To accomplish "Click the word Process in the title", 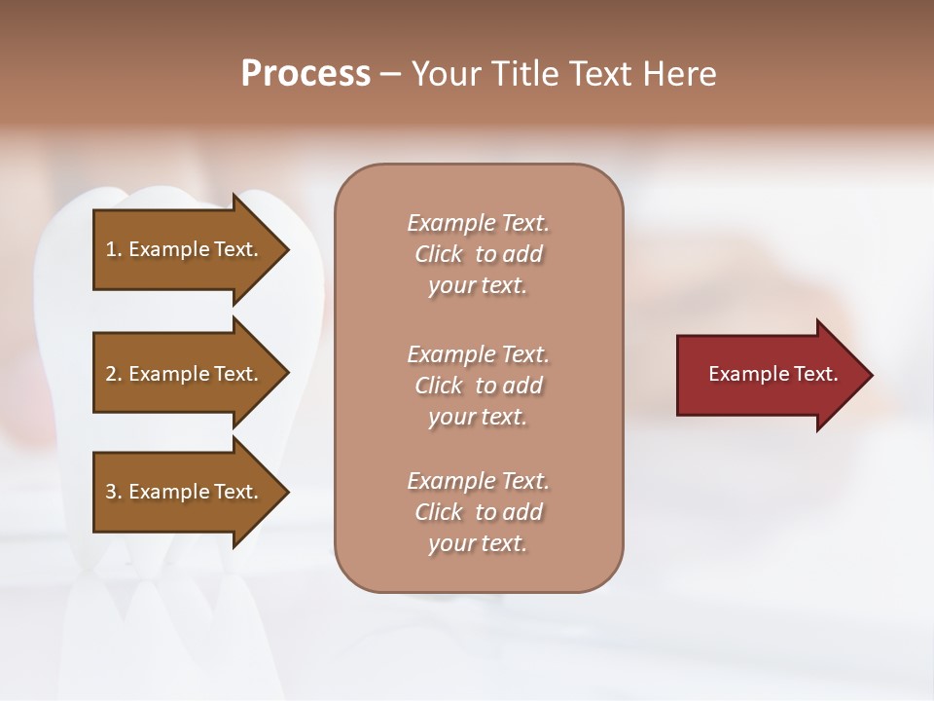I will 305,74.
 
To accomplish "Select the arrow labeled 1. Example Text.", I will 185,250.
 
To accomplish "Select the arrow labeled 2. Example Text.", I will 185,374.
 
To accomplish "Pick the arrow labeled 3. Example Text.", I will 185,492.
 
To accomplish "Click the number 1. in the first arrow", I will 114,250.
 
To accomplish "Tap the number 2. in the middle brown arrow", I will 114,374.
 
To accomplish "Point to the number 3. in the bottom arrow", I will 114,492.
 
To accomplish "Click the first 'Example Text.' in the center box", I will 478,223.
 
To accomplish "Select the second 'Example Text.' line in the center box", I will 478,353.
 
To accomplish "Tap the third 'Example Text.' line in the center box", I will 478,481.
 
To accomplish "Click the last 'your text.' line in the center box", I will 478,544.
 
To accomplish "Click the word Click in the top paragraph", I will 439,254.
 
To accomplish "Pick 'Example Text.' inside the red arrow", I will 772,374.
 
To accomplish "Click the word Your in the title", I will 445,74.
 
